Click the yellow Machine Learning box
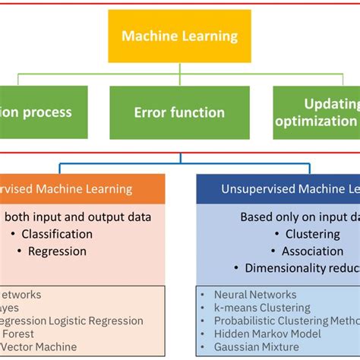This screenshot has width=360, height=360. [x=180, y=36]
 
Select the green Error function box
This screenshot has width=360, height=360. [x=179, y=112]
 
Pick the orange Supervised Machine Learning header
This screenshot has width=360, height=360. [x=76, y=189]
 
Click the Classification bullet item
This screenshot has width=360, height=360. [x=57, y=234]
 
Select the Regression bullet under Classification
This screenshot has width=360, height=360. [x=57, y=251]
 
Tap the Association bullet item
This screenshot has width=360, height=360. [x=313, y=251]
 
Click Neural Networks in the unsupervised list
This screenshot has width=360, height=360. [x=254, y=295]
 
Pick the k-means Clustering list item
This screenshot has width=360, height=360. [x=262, y=308]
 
